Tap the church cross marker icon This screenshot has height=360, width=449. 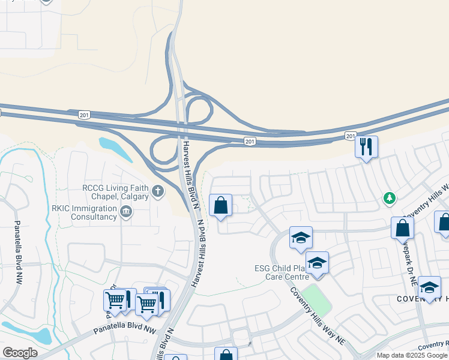tap(158, 192)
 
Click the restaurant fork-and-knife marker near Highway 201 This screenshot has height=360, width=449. tap(366, 146)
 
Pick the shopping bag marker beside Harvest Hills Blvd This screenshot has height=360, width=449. tap(221, 205)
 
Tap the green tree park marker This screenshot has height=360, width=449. tap(390, 197)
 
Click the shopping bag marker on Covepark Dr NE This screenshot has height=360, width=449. tap(402, 228)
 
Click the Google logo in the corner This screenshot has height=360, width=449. tap(20, 353)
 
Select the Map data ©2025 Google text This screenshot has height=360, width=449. tap(412, 355)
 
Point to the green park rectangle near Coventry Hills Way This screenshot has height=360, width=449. tap(316, 300)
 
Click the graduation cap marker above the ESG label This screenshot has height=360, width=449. tap(301, 238)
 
